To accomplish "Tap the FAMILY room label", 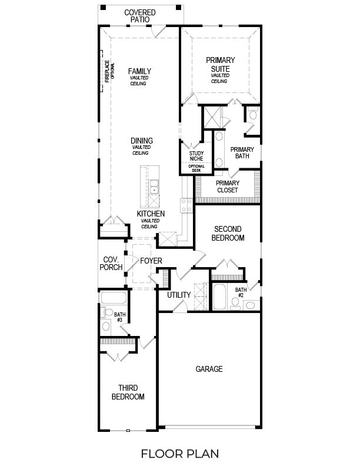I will tap(139, 71).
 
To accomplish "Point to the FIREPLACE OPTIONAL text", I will tap(109, 71).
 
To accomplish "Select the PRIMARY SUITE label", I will tap(220, 64).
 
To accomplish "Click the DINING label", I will tap(142, 141).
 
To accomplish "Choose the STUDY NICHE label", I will tap(196, 157).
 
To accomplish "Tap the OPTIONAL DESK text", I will tap(196, 168).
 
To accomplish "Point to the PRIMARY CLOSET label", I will tap(226, 187).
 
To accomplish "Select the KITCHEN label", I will tap(151, 214).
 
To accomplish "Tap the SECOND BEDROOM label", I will tap(229, 233).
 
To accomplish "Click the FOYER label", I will tap(151, 261).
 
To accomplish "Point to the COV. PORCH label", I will tap(112, 263).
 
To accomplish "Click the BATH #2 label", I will tap(241, 292).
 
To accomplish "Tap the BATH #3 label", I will tap(120, 317).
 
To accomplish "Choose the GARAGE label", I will tap(209, 370).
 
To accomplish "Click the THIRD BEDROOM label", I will tap(128, 392).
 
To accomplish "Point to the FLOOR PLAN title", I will tap(180, 453).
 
